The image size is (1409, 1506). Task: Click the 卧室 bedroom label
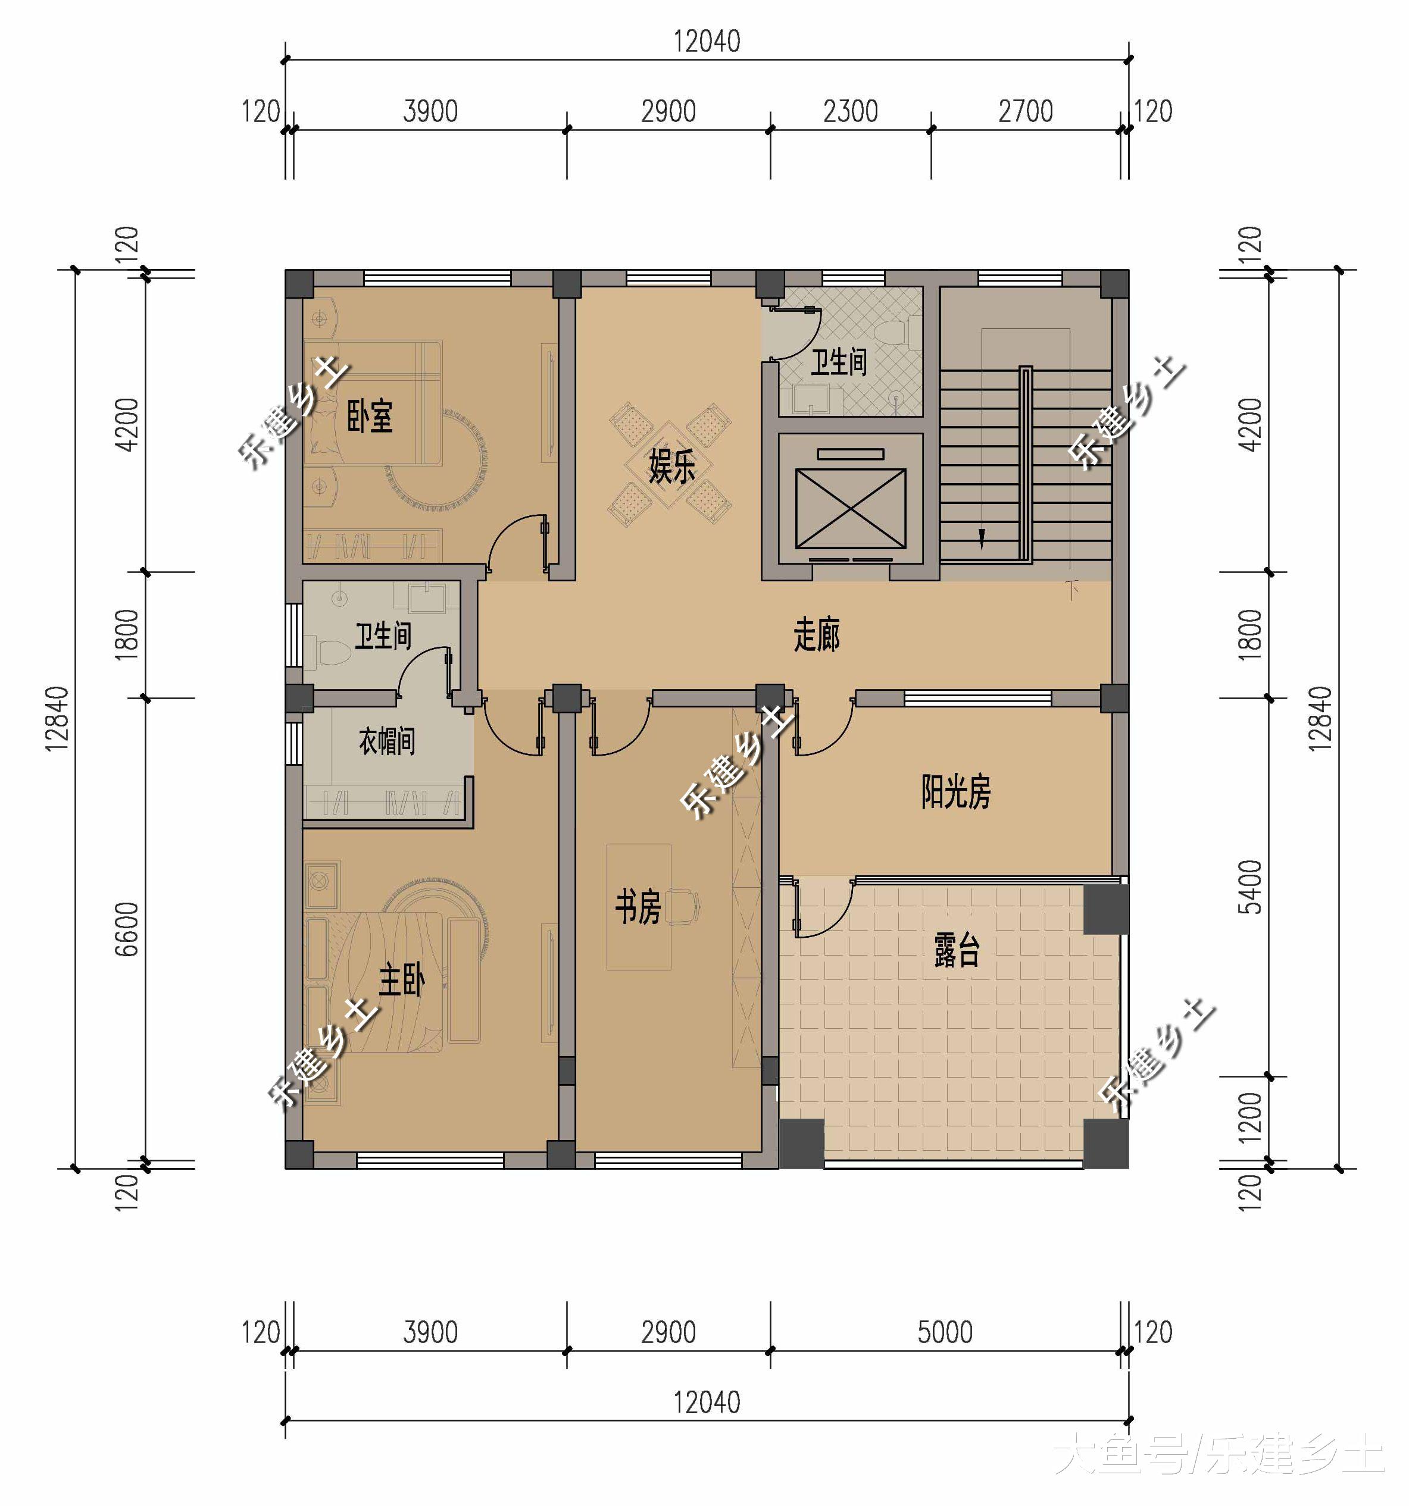click(370, 417)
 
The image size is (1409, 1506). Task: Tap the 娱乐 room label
click(671, 466)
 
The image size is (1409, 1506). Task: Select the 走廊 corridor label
click(816, 635)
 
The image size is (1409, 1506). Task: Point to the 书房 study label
click(638, 907)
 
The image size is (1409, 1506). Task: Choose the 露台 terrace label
click(957, 951)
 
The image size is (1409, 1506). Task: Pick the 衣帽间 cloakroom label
click(386, 740)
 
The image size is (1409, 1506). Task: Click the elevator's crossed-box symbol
click(851, 508)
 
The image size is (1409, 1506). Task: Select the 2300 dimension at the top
click(851, 111)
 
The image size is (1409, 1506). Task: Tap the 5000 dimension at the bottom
click(944, 1332)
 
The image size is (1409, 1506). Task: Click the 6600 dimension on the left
click(127, 929)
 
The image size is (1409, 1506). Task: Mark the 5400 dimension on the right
click(1250, 887)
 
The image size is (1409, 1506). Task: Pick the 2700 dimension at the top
click(1026, 111)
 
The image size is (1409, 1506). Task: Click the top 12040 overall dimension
click(707, 42)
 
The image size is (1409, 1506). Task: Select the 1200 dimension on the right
click(1250, 1117)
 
